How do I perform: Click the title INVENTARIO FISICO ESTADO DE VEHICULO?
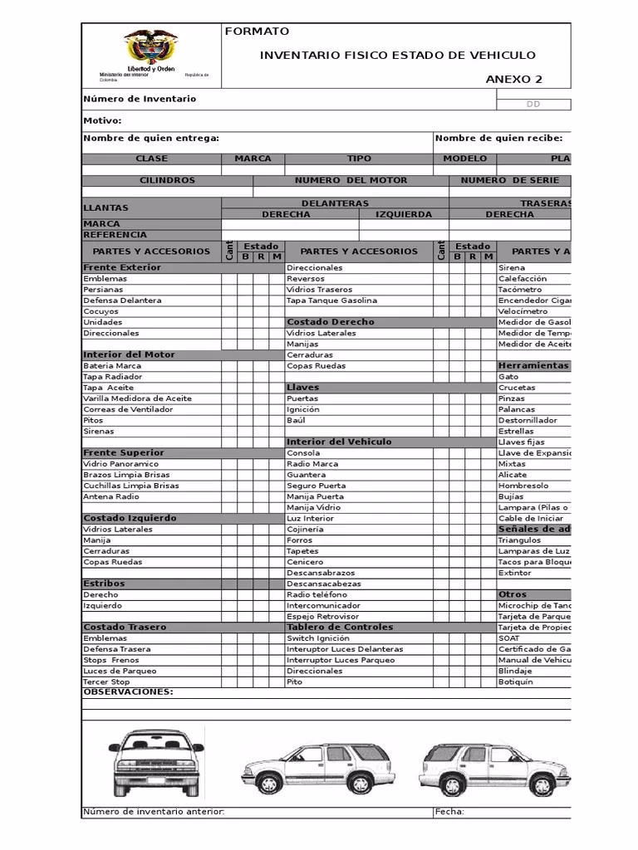[398, 56]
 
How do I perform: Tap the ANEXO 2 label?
[513, 80]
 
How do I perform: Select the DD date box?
[533, 105]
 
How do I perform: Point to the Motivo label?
[102, 121]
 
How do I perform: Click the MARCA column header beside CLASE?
[253, 158]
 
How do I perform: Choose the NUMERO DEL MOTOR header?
[351, 180]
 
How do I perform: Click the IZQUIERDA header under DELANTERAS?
[404, 214]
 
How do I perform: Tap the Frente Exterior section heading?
[122, 267]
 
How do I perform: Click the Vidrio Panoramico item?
[120, 464]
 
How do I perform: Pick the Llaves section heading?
[302, 388]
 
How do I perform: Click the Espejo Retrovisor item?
[322, 617]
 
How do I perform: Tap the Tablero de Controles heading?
[340, 628]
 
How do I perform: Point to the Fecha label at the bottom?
[449, 812]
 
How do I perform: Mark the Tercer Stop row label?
[107, 681]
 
